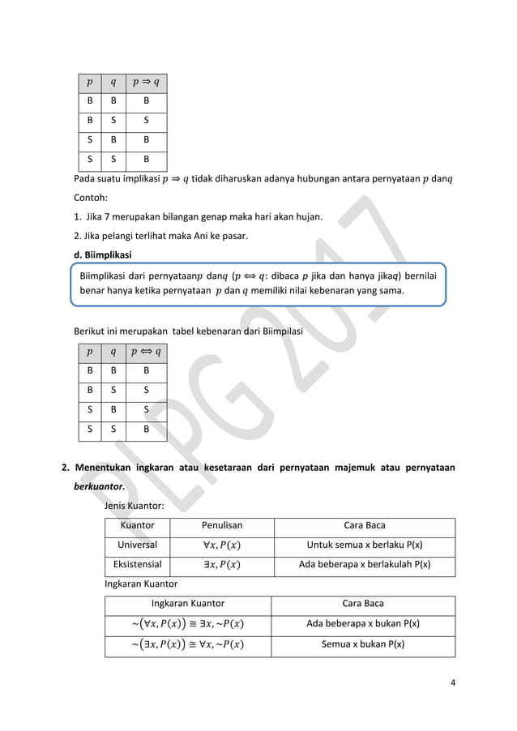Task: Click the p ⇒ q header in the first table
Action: [146, 82]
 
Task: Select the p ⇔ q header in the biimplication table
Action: [146, 352]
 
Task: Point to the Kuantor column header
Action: [137, 525]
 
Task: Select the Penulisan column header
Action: [221, 525]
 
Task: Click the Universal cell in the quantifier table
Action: [137, 545]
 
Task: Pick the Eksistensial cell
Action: [137, 564]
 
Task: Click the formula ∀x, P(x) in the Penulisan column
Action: [221, 545]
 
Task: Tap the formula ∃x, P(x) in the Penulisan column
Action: [221, 564]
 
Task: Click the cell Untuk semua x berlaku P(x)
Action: [365, 545]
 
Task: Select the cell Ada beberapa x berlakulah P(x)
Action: [365, 564]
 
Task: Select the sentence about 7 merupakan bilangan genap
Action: [195, 216]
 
